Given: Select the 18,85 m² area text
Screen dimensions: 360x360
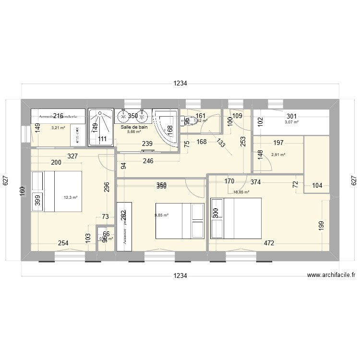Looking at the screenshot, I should point(241,192).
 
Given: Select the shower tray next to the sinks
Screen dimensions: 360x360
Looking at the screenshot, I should point(100,127).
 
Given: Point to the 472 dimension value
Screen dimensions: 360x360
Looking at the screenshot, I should point(268,243).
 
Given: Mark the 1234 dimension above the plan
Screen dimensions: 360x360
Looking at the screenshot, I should point(180,84).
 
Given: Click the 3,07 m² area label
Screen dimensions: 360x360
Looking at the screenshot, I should point(291,122).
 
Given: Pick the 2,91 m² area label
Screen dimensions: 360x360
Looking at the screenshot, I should point(278,155).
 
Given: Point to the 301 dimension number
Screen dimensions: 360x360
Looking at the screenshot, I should point(291,116).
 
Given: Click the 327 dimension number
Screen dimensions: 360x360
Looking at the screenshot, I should point(72,156).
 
